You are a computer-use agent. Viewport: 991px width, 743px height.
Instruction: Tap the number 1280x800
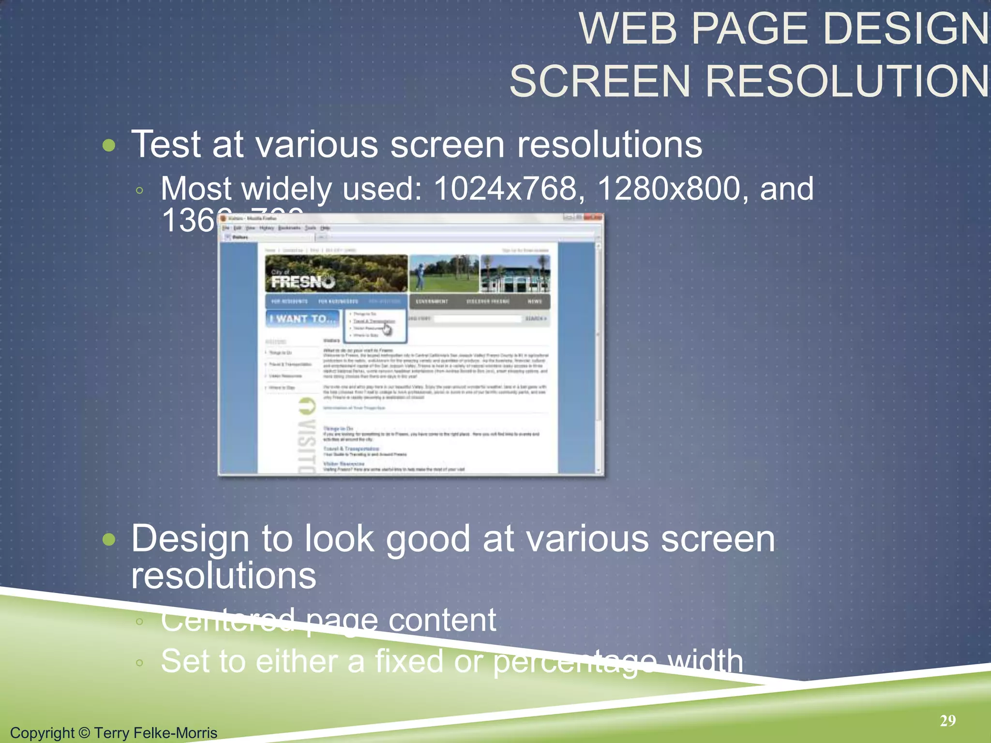[669, 188]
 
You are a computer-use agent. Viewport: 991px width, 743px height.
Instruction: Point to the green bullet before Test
[110, 145]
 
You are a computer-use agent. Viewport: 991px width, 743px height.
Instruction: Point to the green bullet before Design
[110, 539]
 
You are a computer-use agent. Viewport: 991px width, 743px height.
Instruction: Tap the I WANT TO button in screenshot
[302, 319]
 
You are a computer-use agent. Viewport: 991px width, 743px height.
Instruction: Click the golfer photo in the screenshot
[444, 273]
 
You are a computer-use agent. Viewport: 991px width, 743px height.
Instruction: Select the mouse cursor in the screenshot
[387, 329]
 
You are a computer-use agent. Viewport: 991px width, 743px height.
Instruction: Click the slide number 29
[947, 721]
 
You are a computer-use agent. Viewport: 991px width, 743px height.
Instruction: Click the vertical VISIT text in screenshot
[307, 435]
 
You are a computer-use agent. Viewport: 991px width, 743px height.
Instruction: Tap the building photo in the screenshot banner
[515, 273]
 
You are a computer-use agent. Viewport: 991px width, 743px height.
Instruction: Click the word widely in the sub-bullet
[286, 188]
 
